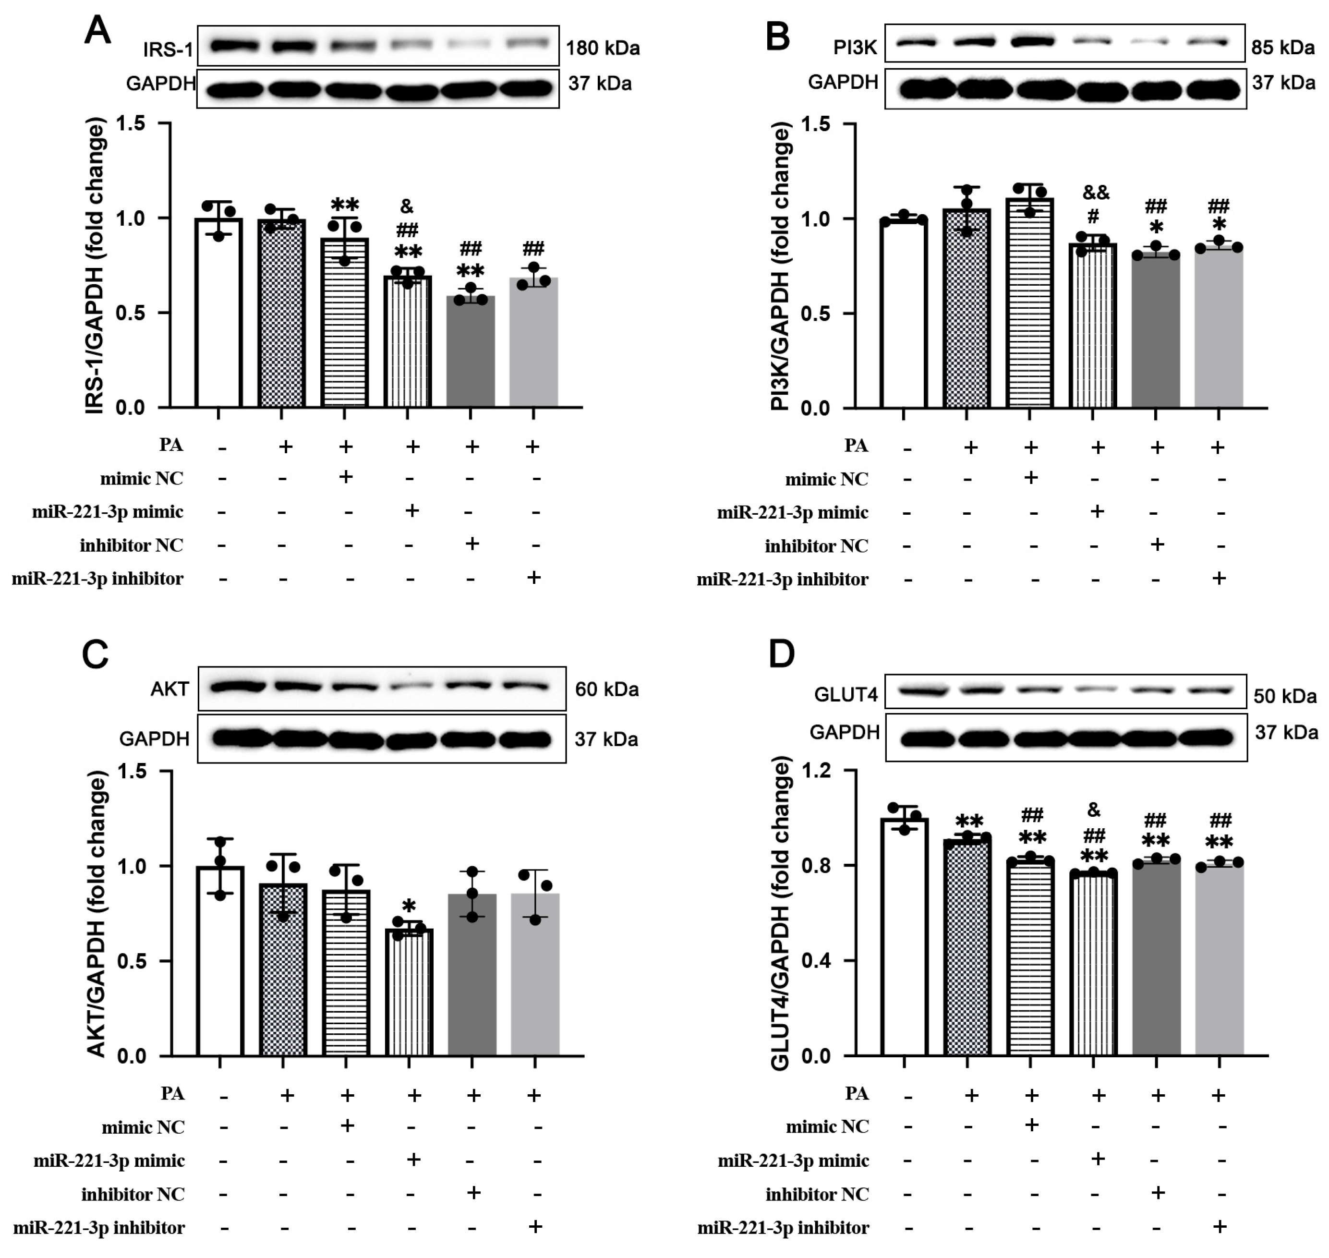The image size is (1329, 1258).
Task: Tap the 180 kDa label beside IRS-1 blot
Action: tap(602, 48)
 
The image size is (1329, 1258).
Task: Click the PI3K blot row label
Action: tap(855, 48)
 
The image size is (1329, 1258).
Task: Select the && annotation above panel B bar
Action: tap(1096, 193)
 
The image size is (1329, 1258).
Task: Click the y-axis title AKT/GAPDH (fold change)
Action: tap(98, 915)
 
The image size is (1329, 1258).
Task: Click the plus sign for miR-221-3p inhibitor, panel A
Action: tap(534, 577)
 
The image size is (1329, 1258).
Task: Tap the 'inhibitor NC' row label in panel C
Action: tap(133, 1194)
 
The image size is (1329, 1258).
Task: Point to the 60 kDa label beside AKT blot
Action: tap(606, 689)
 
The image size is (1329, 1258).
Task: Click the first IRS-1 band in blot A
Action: tap(234, 46)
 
